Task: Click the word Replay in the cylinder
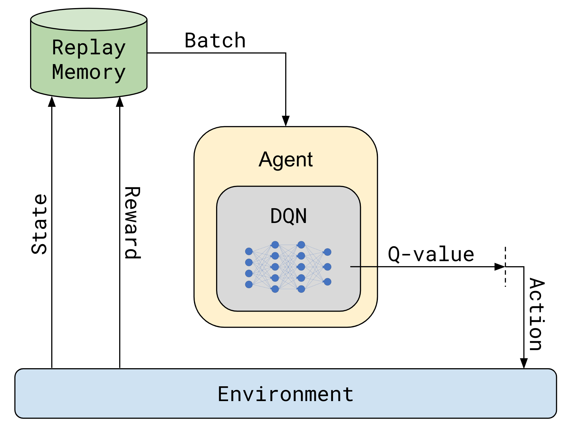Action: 89,48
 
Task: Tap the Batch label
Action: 215,41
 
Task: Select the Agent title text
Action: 286,159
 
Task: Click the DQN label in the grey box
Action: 288,216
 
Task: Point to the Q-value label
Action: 431,254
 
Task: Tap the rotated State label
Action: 39,224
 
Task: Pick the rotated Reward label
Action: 132,223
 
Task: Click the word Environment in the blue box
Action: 286,394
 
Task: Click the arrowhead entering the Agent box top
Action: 286,121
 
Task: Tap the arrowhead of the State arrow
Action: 52,102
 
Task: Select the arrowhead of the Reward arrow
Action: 120,102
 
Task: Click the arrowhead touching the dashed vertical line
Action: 500,267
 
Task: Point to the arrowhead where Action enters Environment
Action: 524,363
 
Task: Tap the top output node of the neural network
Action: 327,252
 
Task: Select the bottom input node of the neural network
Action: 249,284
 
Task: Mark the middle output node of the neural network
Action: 327,267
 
